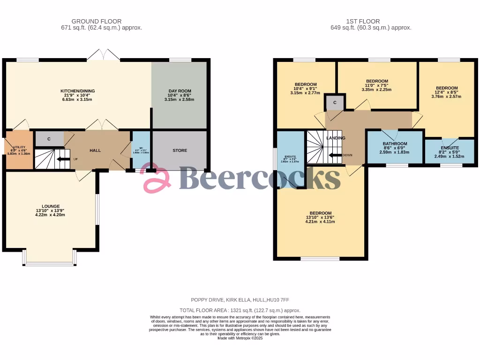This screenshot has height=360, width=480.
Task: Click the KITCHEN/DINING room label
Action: (78, 91)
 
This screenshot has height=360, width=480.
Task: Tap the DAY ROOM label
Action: (180, 91)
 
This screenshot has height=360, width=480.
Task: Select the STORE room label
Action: (180, 150)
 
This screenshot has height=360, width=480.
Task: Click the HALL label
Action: (95, 150)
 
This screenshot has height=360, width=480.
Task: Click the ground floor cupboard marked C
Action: (49, 139)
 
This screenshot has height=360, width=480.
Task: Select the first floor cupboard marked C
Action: (335, 102)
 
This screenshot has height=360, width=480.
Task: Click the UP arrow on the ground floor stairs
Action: (62, 159)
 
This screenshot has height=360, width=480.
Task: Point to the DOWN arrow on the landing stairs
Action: (336, 155)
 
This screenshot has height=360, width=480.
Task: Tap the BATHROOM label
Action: (395, 144)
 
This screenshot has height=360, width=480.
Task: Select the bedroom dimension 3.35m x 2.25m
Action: (376, 90)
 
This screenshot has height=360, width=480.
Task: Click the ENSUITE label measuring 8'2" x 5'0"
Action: (449, 148)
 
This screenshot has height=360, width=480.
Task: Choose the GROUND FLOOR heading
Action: (97, 21)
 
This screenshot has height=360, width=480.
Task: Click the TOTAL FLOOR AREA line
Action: (240, 310)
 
